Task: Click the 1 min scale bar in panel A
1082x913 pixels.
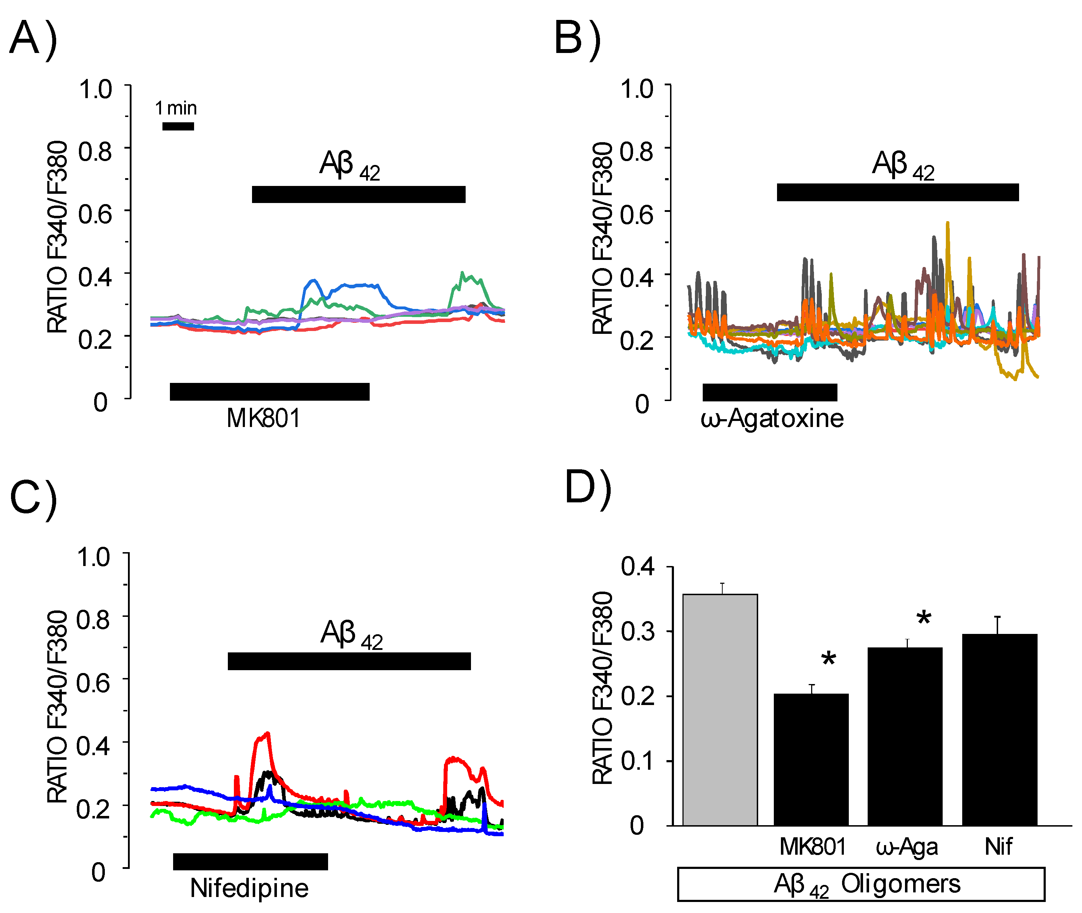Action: [178, 126]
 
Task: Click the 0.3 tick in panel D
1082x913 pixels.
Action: [637, 631]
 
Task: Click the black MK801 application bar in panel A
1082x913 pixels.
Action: [269, 392]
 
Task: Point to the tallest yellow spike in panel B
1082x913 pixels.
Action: [948, 224]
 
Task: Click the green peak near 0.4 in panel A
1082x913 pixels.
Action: [463, 274]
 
